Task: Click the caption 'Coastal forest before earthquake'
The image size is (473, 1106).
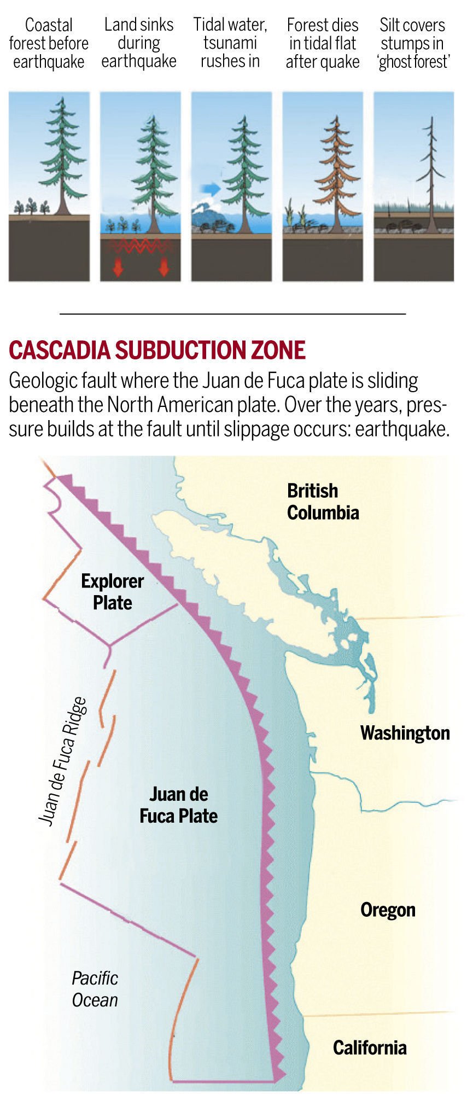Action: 49,43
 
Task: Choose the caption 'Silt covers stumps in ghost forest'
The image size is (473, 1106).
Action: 413,43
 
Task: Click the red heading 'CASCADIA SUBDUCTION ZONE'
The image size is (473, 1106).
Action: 157,350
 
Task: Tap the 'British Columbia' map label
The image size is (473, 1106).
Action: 323,502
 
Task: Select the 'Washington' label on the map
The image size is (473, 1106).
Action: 405,733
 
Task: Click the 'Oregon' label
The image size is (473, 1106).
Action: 388,910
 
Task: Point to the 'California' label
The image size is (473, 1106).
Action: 370,1047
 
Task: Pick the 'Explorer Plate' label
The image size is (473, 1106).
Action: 112,592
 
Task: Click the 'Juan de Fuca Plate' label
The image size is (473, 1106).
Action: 178,805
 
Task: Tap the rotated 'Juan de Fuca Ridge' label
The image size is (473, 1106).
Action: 63,761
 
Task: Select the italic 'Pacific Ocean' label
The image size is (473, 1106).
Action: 95,988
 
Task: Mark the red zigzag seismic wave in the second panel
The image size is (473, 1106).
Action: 140,246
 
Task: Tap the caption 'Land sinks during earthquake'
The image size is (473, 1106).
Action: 139,43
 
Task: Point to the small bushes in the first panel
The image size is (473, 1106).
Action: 32,207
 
